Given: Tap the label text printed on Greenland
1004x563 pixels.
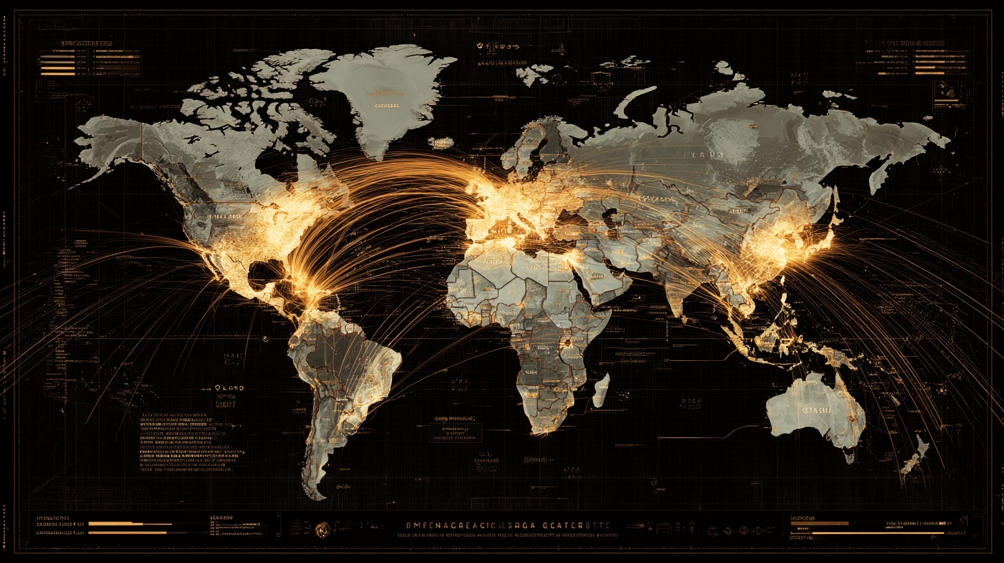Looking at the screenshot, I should (387, 106).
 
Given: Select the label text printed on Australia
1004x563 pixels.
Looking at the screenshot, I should (816, 411).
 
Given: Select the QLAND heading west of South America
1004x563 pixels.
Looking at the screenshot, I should (230, 388).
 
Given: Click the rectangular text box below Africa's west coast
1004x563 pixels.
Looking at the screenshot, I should (456, 432).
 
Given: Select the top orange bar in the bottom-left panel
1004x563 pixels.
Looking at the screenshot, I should (116, 524).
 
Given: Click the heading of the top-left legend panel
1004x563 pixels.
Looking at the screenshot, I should (87, 43).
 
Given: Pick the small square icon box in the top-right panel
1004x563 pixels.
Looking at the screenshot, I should (943, 89).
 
